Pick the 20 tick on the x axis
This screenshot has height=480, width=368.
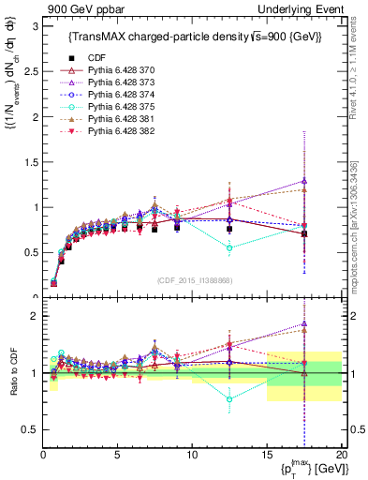pos(341,455)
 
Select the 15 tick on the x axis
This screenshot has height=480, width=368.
pos(267,455)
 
